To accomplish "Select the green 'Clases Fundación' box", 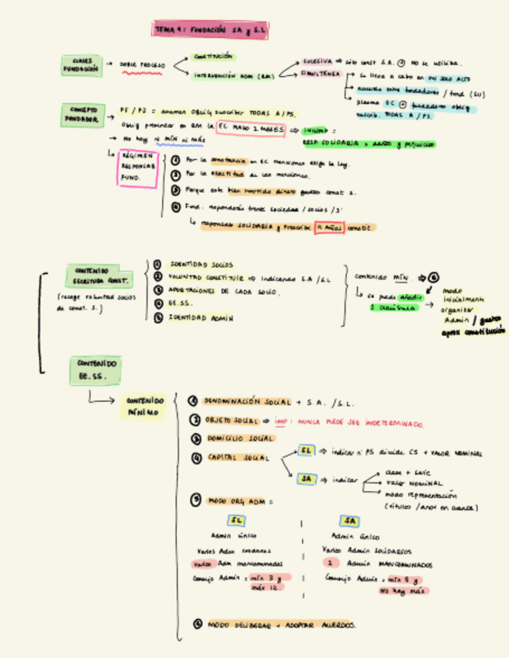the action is coord(81,65).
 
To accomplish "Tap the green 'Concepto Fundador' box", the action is coord(81,116).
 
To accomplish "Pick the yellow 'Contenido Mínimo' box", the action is coord(143,407).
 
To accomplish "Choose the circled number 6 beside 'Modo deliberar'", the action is coord(196,624).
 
